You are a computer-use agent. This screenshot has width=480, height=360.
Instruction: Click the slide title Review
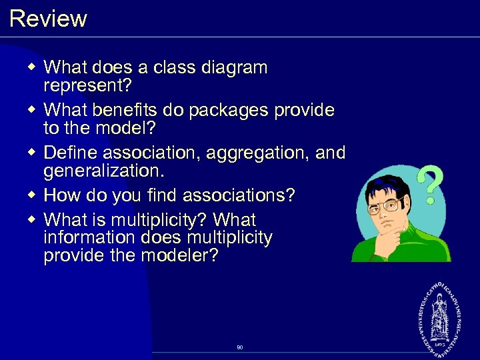(x=48, y=18)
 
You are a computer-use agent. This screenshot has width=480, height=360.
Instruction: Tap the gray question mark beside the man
(x=430, y=185)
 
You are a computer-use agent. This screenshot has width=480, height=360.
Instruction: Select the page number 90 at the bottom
(x=239, y=347)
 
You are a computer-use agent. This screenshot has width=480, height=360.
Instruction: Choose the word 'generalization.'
(x=103, y=171)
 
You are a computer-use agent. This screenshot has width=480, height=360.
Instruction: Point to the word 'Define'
(x=71, y=153)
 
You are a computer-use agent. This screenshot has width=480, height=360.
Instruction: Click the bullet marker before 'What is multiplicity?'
(x=33, y=219)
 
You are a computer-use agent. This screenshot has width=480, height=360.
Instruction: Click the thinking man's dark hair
(x=383, y=184)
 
